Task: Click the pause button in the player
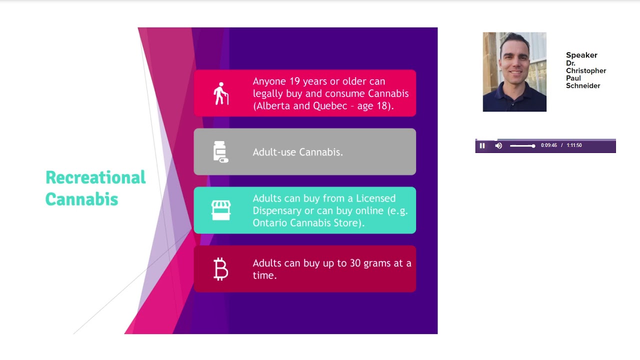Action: pos(482,145)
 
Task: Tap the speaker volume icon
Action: pos(498,145)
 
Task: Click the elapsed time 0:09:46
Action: pos(548,145)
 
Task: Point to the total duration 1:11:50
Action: pos(574,145)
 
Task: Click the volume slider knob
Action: pos(533,145)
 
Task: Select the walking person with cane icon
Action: pos(220,93)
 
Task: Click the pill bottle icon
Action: pos(220,152)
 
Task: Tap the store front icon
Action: pos(220,210)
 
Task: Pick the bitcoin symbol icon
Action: pos(220,269)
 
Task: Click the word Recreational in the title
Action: pos(95,177)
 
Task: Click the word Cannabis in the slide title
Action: pos(81,199)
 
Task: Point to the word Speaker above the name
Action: pos(581,55)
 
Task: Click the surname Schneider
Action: pos(583,86)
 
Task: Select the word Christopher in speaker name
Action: pos(586,70)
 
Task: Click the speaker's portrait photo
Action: pos(514,72)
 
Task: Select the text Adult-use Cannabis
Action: pos(297,152)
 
